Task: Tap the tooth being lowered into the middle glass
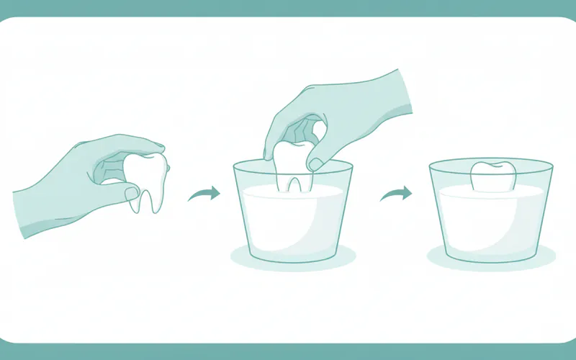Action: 292,166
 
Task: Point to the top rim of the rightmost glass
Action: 491,163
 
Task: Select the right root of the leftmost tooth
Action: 154,201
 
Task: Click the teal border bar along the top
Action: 288,6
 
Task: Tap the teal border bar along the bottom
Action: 288,352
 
